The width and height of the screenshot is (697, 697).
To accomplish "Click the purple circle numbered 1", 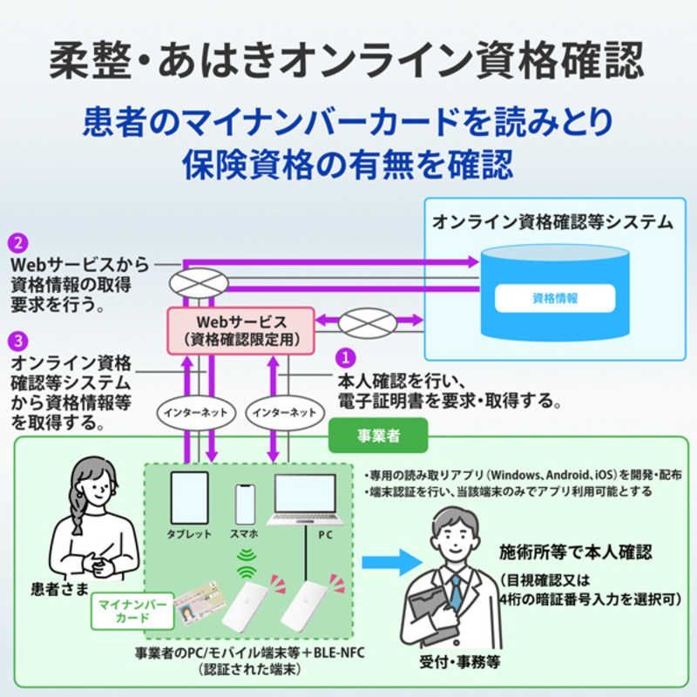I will click(347, 358).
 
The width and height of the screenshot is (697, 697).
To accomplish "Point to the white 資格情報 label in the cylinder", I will click(554, 297).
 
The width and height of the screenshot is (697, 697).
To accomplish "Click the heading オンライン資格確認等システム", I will click(553, 222).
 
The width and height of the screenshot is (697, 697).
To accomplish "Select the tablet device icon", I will click(189, 498).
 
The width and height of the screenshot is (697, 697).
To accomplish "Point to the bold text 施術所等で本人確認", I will click(575, 552).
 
